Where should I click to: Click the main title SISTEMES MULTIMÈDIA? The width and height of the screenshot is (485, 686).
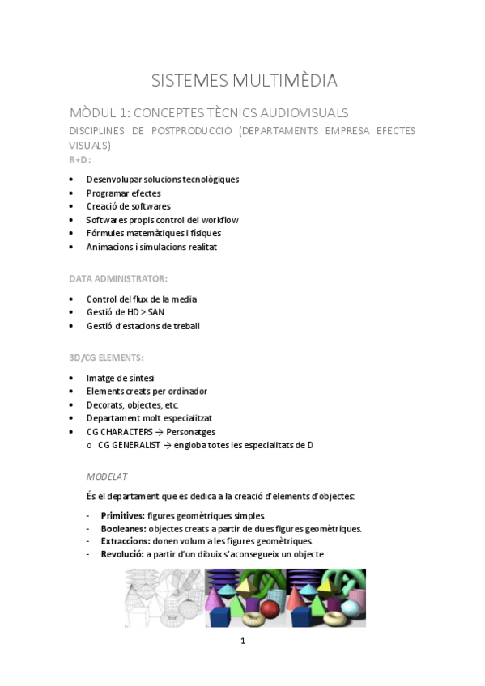point(244,80)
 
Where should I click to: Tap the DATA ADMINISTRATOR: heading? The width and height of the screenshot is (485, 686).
point(118,278)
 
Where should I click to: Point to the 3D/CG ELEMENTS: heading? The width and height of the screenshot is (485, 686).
point(106,357)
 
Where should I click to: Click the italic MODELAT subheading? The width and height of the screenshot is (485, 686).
point(107,476)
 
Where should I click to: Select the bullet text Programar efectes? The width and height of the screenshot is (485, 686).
point(123,193)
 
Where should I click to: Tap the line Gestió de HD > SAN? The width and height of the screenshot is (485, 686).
point(125,312)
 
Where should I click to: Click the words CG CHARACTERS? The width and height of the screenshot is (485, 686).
point(119,432)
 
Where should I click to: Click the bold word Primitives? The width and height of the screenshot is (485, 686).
point(122,515)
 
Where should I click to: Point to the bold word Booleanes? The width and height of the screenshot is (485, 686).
point(124,528)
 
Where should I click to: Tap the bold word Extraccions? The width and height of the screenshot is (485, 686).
point(125,541)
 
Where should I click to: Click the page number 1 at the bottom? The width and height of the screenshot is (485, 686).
point(243,642)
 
